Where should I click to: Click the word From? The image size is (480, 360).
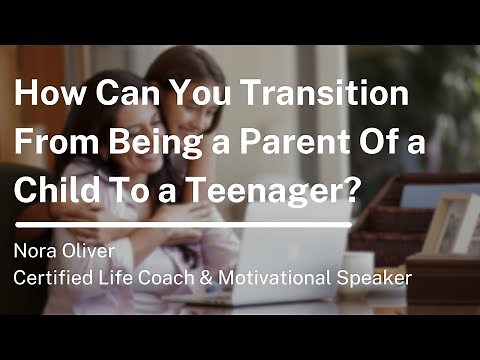(54, 141)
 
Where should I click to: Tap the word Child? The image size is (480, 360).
(54, 184)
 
